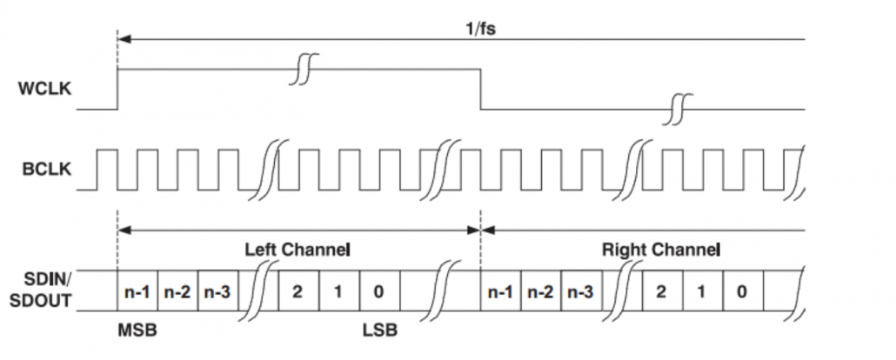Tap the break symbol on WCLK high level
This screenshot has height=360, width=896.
pos(302,69)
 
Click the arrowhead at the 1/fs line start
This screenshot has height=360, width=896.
pos(124,39)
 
